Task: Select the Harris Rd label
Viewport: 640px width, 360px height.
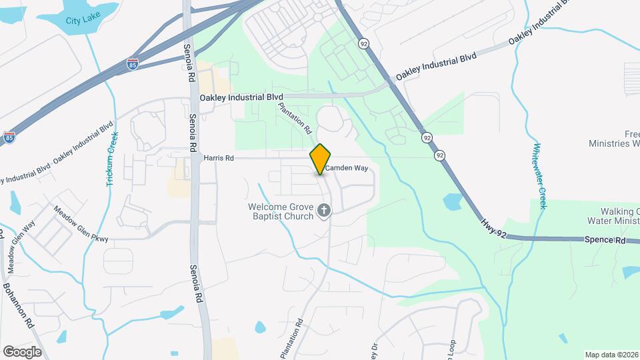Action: [x=219, y=159]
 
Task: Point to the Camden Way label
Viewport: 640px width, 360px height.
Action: [x=347, y=169]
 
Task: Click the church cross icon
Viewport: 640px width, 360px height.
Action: [x=324, y=211]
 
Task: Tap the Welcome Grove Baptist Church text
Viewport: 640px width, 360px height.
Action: [x=281, y=211]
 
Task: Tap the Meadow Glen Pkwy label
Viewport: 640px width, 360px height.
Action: [x=81, y=223]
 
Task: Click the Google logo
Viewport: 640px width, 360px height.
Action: [x=22, y=351]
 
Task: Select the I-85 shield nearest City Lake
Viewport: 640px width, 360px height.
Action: [x=133, y=64]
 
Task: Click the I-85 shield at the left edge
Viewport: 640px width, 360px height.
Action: [x=9, y=137]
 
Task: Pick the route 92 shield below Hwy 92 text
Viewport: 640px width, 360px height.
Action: [x=439, y=155]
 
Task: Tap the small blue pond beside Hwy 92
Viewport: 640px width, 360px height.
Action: [x=452, y=201]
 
